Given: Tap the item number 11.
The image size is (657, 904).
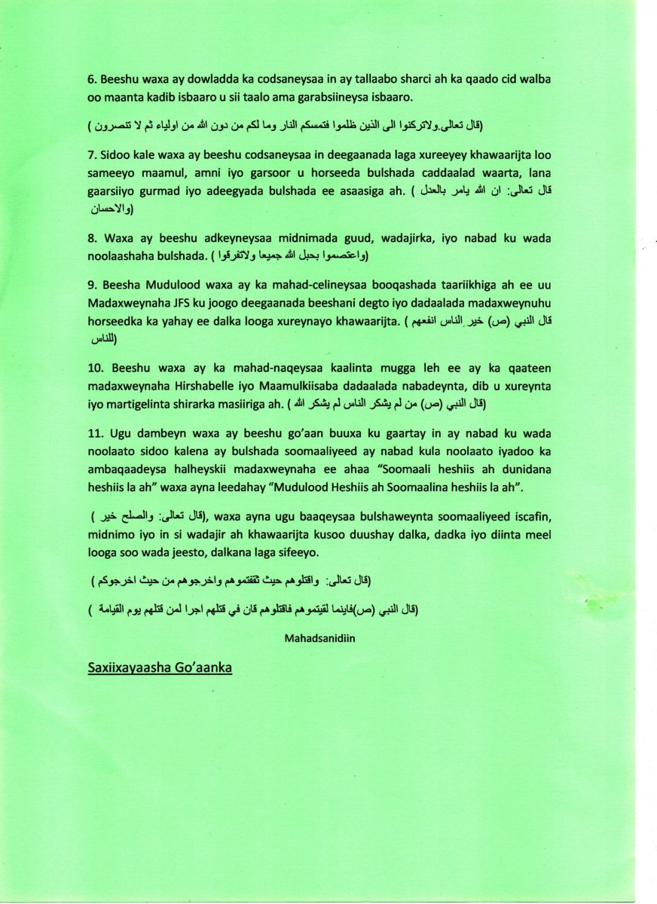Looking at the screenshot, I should point(96,434).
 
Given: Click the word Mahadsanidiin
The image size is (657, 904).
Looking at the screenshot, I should point(320,637).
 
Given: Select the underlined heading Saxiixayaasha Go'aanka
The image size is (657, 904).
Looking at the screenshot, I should point(159,667).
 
